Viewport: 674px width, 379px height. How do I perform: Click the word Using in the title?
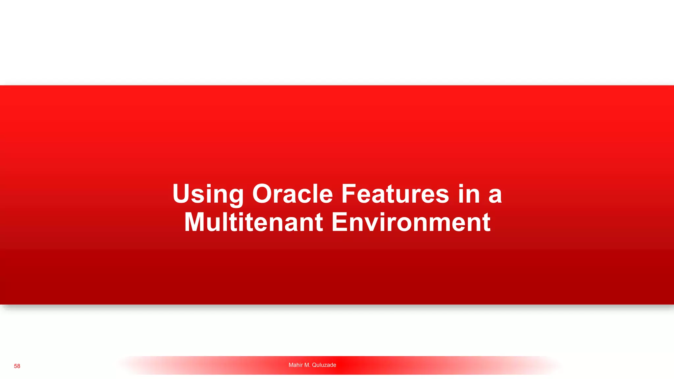(208, 194)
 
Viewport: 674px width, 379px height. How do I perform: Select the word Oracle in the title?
(293, 194)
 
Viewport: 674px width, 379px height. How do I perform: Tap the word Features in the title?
(395, 194)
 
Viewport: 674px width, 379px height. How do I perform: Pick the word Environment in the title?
(411, 222)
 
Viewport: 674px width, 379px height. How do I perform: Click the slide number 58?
(17, 366)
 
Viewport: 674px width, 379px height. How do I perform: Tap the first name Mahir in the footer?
(296, 365)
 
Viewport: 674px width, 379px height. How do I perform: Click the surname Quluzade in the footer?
(324, 365)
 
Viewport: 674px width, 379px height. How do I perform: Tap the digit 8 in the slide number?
(19, 366)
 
